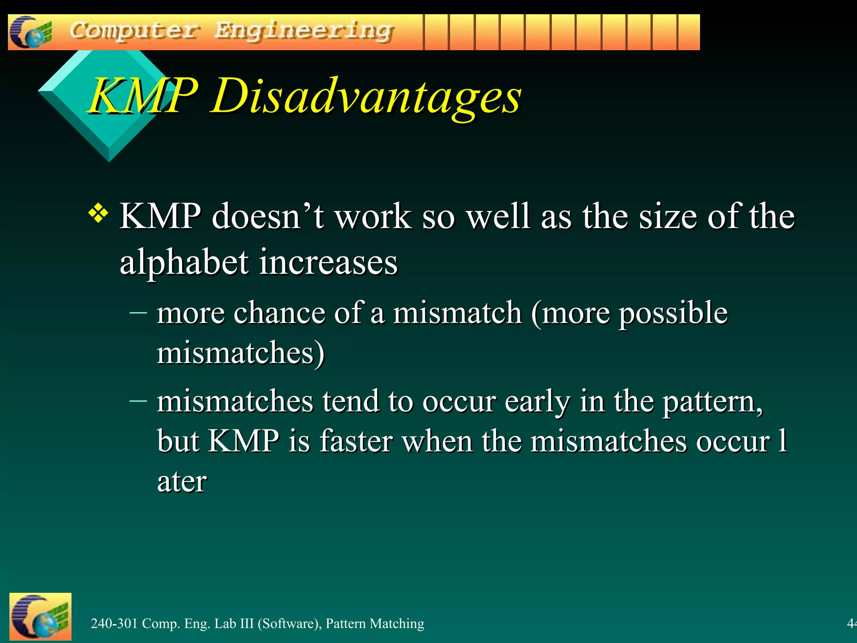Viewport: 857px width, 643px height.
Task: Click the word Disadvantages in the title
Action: point(366,97)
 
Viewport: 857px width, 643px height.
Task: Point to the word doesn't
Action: point(268,216)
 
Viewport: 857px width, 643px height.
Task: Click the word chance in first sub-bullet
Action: point(279,313)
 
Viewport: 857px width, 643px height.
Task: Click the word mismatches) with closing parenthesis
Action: point(241,352)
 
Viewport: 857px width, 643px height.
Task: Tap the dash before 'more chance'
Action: point(138,312)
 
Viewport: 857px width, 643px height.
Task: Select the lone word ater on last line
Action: point(182,481)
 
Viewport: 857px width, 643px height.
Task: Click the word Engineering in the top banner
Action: point(304,31)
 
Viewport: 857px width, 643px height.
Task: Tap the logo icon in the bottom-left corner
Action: point(40,616)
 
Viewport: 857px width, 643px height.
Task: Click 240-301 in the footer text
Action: point(114,623)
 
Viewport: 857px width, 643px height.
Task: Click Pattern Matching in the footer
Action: point(375,623)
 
